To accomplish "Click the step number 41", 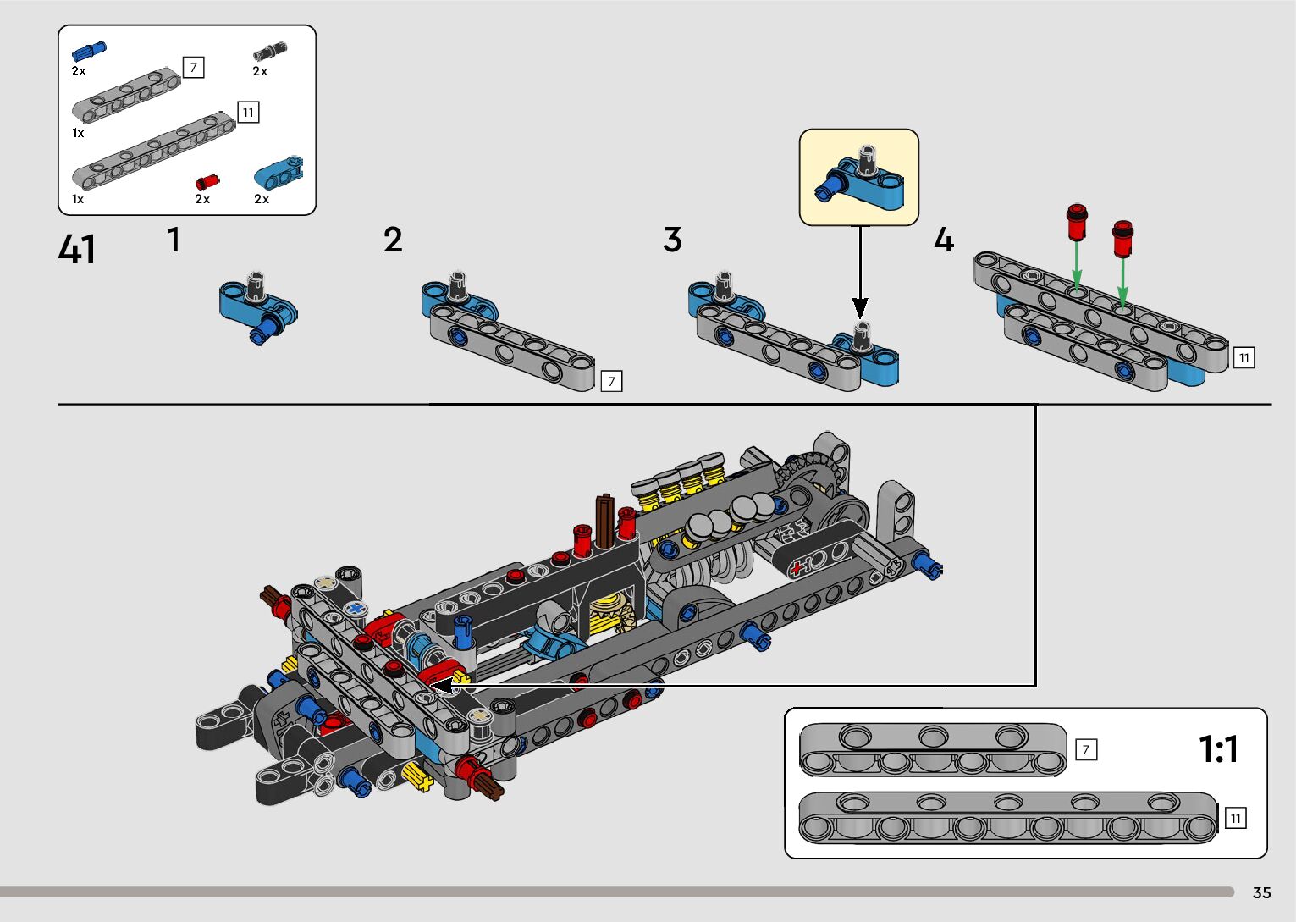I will click(x=77, y=250).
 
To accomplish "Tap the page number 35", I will click(x=1261, y=892).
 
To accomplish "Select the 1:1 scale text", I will click(x=1218, y=748).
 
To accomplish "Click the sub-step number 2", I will click(x=393, y=240).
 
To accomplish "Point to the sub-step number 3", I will click(x=672, y=240).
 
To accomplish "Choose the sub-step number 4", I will click(x=943, y=240).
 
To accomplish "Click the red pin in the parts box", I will click(x=207, y=181).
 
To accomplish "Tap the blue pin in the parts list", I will click(x=89, y=50).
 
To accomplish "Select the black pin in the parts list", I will click(x=270, y=51).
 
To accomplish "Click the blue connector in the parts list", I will click(x=279, y=174).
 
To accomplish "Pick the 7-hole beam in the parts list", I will click(x=127, y=93).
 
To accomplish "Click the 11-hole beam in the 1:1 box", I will click(x=1007, y=818).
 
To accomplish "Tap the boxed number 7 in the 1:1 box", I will click(x=1085, y=749).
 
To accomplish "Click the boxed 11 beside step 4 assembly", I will click(x=1244, y=358).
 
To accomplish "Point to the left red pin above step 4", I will click(x=1076, y=222).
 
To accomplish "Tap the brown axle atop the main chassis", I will click(x=605, y=518).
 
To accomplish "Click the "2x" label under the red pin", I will click(x=202, y=199).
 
